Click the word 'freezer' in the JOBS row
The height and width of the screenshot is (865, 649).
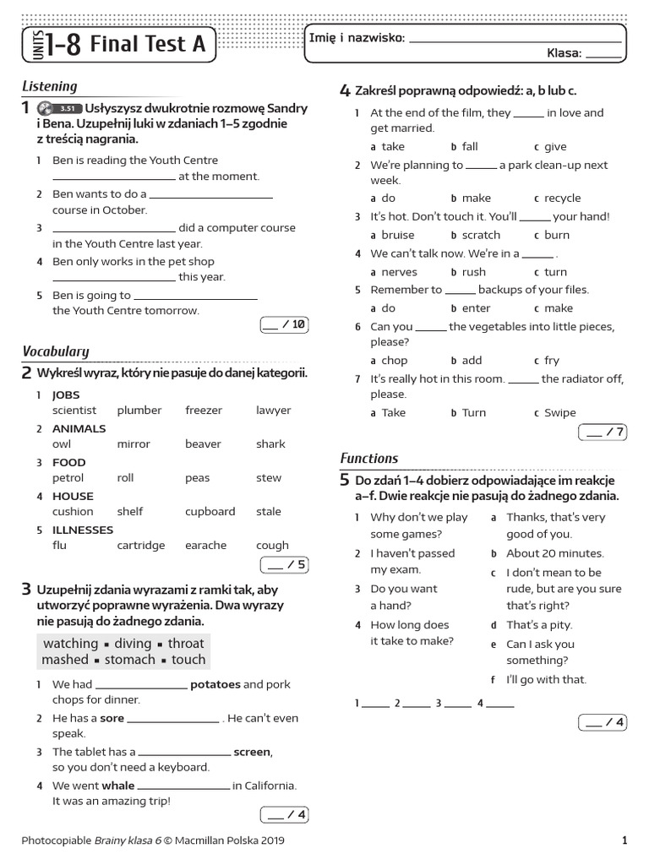coord(204,411)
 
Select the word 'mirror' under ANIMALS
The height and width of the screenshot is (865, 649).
coord(134,444)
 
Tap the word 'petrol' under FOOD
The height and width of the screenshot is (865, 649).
coord(68,478)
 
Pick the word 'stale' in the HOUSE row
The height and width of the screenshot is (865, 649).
coord(269,512)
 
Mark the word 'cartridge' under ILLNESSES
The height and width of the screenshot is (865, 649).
coord(141,546)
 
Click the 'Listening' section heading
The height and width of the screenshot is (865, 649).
coord(50,86)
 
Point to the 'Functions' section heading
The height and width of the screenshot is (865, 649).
coord(369,459)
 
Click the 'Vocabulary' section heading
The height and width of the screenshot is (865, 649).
coord(56,351)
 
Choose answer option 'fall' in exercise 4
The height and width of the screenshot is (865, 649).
coord(470,147)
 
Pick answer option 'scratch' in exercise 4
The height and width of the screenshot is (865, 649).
coord(481,236)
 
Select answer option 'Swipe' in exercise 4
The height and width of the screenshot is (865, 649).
coord(560,413)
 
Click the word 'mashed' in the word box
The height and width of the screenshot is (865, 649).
coord(65,660)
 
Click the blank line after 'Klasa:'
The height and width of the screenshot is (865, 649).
coord(603,54)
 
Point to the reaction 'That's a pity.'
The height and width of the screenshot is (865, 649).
coord(539,625)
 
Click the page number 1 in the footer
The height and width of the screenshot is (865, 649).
coord(624,841)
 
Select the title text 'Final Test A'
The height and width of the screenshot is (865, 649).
coord(147,45)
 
